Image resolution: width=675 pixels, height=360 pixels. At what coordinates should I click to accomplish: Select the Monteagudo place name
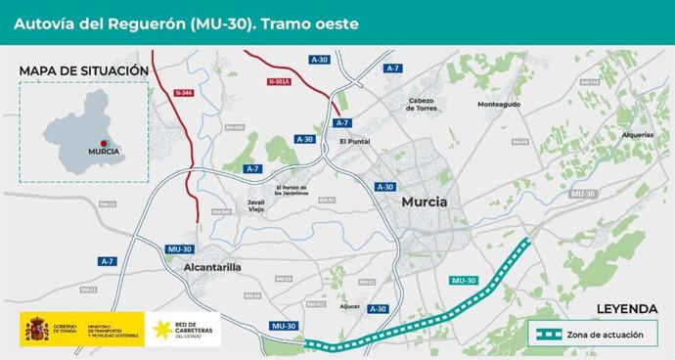point(499,104)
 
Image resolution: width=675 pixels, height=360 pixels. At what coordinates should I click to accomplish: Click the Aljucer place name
point(350,304)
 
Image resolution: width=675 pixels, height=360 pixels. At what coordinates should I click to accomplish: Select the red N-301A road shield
point(281,81)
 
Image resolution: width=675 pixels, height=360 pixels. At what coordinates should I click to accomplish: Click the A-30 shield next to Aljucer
point(380,309)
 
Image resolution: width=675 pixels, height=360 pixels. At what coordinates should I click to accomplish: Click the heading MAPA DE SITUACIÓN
point(83,71)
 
